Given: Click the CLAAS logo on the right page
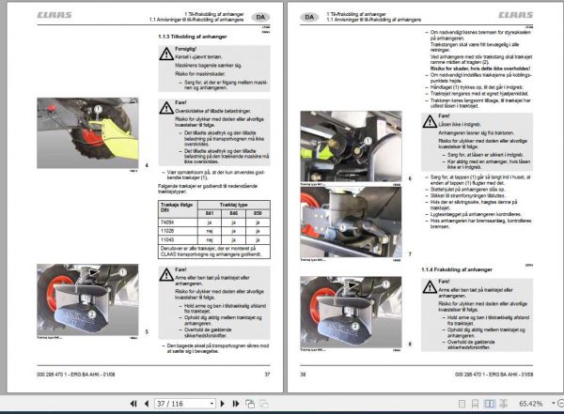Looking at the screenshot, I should point(514,16).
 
